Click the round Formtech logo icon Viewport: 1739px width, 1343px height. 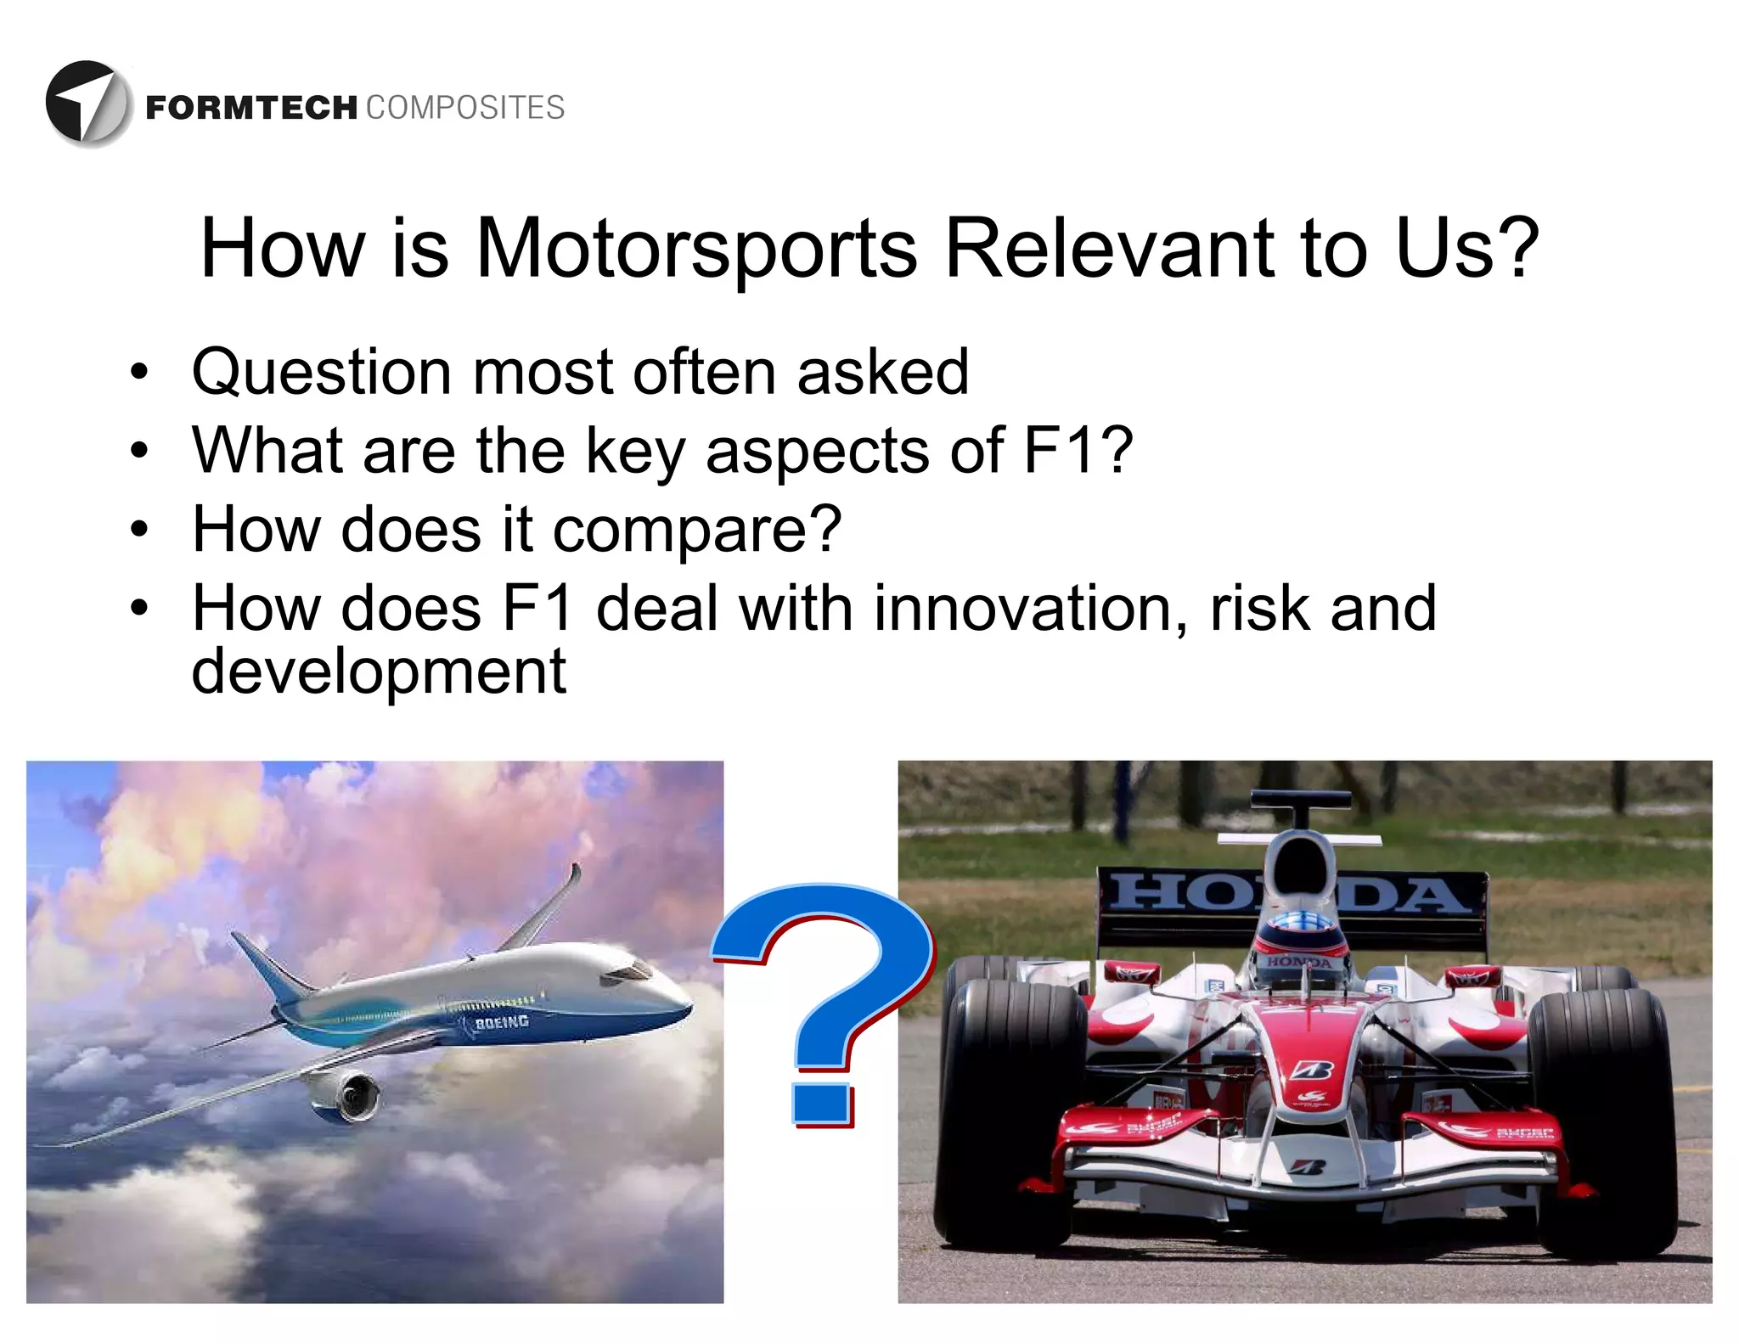(88, 104)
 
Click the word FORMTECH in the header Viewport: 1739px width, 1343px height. (251, 109)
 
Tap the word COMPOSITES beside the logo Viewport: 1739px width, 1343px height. (465, 109)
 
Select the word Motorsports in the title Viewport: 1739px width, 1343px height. (696, 248)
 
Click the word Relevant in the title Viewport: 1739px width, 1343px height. (1109, 248)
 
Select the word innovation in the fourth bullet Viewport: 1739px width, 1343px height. (1031, 609)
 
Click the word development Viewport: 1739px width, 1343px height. (378, 671)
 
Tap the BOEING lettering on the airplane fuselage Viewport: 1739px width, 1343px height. (501, 1022)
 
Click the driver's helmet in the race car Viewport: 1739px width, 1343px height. (1299, 942)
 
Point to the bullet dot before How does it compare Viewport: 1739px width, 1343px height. (139, 530)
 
